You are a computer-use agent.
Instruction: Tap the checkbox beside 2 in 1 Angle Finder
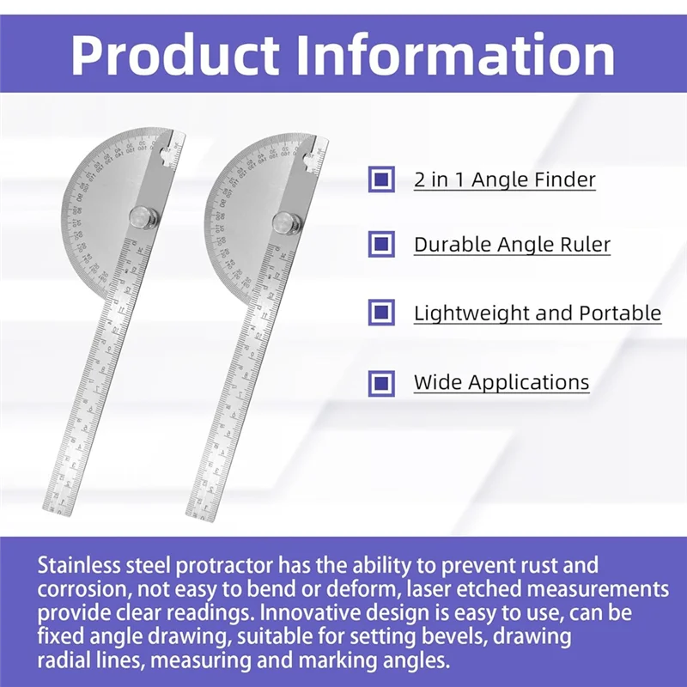(380, 179)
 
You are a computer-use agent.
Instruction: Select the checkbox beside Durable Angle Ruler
(380, 245)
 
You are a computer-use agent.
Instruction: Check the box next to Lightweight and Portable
(380, 313)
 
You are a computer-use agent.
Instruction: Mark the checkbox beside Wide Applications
(380, 382)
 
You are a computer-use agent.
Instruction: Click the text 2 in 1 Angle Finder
(504, 179)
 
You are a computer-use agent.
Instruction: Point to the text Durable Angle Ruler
(512, 245)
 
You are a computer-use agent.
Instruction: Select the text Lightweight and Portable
(538, 313)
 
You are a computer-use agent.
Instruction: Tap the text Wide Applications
(502, 382)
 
